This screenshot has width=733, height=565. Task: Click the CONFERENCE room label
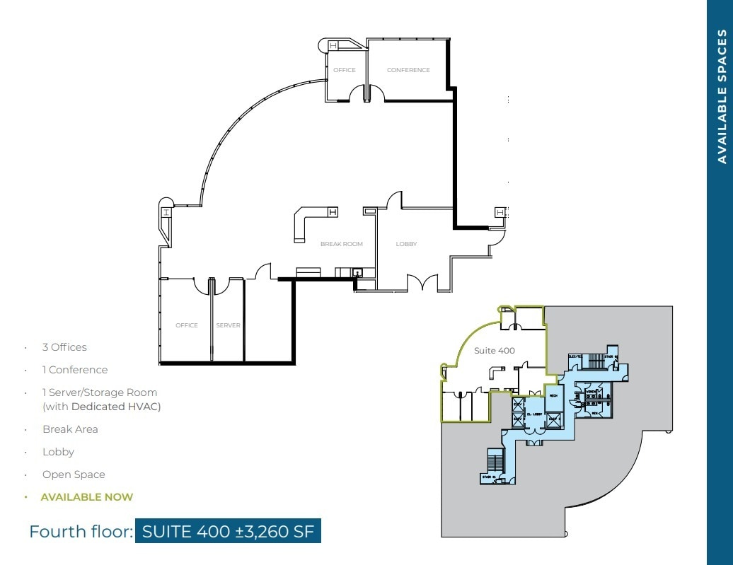point(408,70)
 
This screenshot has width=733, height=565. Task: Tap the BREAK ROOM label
point(341,244)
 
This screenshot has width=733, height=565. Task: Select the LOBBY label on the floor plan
point(406,244)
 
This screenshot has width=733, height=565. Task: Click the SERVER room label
point(228,325)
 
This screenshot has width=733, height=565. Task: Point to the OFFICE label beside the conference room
point(345,70)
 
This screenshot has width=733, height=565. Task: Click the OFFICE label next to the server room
point(187,325)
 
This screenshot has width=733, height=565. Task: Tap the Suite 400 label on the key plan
point(495,350)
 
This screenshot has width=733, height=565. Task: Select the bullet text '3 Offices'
point(64,347)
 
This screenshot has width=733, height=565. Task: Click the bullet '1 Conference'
point(75,370)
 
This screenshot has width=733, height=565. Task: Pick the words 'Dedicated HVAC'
point(115,407)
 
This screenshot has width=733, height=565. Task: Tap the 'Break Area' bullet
point(70,429)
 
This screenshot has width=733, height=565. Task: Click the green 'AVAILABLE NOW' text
point(86,497)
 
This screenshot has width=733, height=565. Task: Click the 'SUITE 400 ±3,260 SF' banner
point(228,531)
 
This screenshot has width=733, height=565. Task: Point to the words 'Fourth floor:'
point(81,531)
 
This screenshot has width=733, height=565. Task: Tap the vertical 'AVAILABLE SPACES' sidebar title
point(722,96)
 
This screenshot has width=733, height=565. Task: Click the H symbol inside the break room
point(332,211)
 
